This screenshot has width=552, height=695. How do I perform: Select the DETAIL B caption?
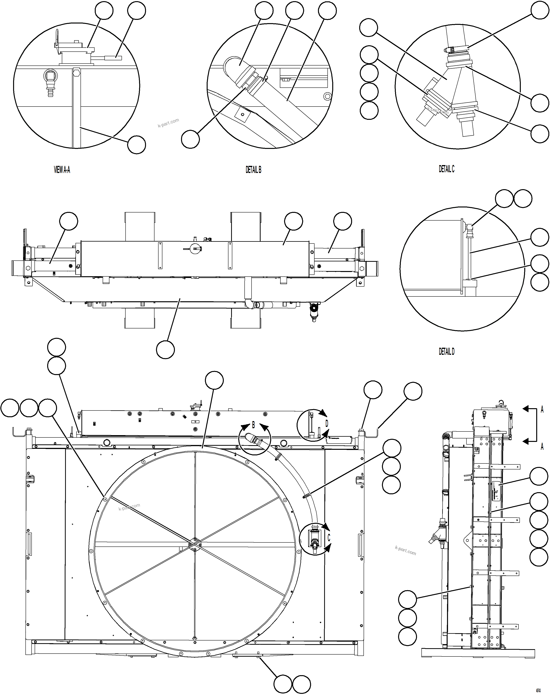(253, 170)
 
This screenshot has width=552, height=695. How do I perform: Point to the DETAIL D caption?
(446, 351)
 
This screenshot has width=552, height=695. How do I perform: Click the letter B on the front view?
(253, 425)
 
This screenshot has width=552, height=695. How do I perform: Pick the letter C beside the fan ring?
(329, 538)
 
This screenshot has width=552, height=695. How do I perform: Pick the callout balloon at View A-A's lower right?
(136, 145)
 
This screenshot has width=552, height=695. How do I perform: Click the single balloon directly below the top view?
(165, 349)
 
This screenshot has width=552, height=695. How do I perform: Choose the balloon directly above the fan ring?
(214, 380)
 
